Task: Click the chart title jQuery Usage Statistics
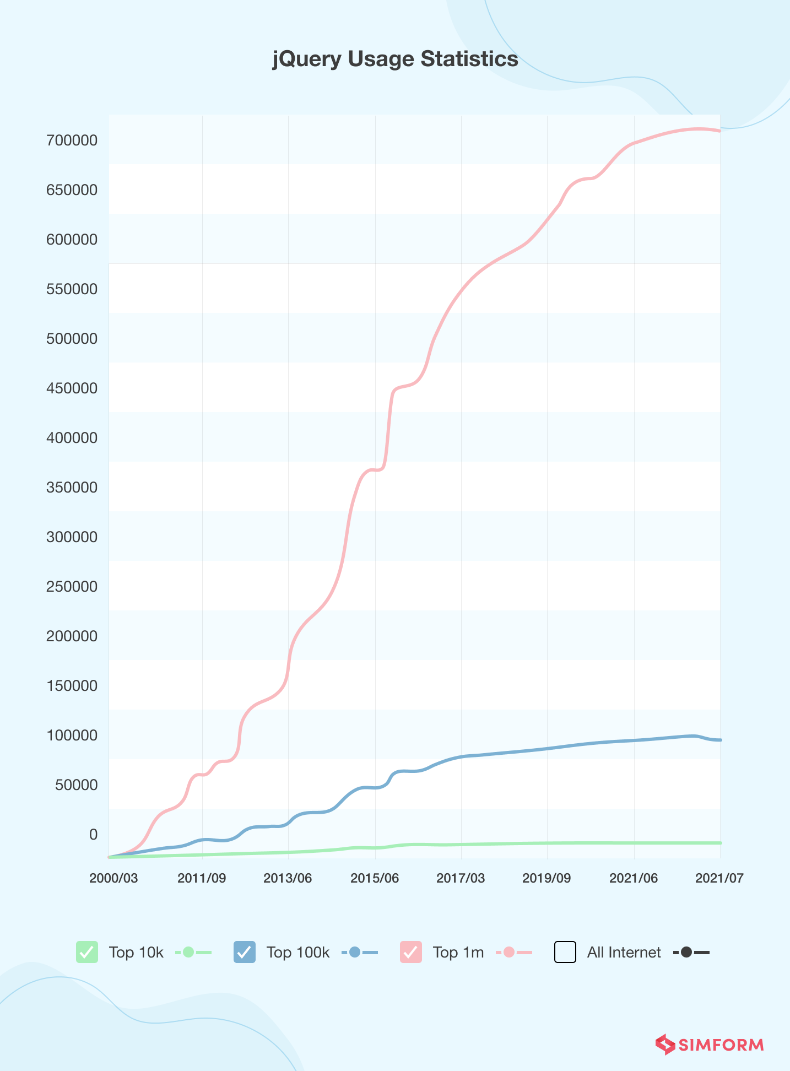point(395,59)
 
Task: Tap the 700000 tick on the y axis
point(72,140)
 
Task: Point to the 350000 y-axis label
point(72,488)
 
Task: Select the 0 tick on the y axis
point(93,835)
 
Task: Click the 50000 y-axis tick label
point(76,785)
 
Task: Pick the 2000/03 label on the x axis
point(113,878)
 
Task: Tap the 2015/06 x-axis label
point(375,878)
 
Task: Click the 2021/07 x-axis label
point(719,878)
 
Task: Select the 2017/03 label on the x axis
point(461,878)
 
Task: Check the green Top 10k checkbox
point(87,952)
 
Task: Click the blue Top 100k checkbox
point(245,952)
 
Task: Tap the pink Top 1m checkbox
point(411,952)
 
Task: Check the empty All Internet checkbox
point(565,952)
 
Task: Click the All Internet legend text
point(624,953)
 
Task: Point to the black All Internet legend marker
point(686,952)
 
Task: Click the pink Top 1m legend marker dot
point(509,952)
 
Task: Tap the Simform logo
point(710,1045)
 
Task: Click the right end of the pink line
point(719,131)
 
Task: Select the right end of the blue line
point(719,740)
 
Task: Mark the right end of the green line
point(719,843)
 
